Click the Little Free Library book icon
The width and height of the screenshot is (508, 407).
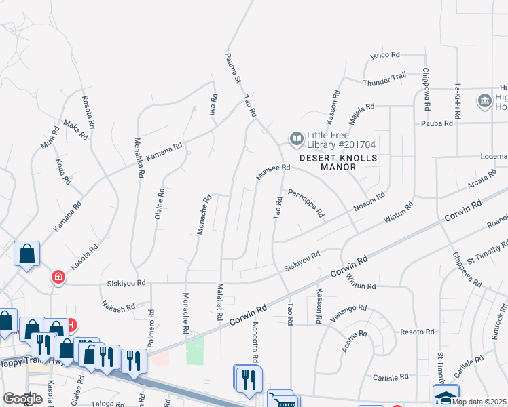click(296, 138)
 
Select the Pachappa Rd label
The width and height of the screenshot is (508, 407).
click(306, 203)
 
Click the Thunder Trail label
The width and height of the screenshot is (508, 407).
click(384, 79)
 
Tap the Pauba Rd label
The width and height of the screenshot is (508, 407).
click(437, 123)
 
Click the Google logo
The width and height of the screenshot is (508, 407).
click(22, 399)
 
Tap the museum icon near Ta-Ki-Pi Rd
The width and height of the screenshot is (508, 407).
click(485, 102)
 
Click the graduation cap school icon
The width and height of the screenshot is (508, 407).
click(446, 396)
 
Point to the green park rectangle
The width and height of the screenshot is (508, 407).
click(195, 349)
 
